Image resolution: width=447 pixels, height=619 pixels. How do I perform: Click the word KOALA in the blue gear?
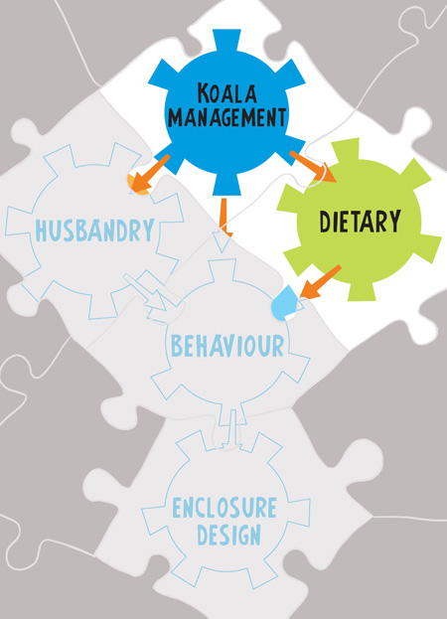pos(227,93)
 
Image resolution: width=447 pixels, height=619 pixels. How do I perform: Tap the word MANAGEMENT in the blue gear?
pos(226,117)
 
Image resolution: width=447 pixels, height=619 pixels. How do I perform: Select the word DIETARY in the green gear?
pos(360,221)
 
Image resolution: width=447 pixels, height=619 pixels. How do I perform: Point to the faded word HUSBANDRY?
pos(94,231)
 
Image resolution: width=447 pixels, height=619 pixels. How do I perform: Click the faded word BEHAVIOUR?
pos(227,346)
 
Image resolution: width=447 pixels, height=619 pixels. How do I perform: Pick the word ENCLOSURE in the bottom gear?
pos(224,508)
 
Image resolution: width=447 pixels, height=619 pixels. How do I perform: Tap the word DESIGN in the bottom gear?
pos(228,535)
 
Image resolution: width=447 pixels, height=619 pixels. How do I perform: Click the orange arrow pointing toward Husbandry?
pos(149,174)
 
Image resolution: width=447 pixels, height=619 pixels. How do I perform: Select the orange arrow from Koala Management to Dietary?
pos(313,166)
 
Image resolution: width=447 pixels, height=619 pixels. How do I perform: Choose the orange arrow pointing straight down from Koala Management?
pos(224,218)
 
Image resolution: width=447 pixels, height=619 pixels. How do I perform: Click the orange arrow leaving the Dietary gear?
pos(320,282)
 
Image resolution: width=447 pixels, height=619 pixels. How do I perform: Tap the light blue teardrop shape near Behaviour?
pos(283,303)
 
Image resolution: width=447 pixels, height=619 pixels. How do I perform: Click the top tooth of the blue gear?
pos(226,41)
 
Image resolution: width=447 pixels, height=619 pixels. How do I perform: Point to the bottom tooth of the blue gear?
pos(226,185)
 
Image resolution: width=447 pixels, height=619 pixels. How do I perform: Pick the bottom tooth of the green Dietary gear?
pos(362,290)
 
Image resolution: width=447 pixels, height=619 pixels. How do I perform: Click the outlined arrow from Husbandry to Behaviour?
pos(146,292)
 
